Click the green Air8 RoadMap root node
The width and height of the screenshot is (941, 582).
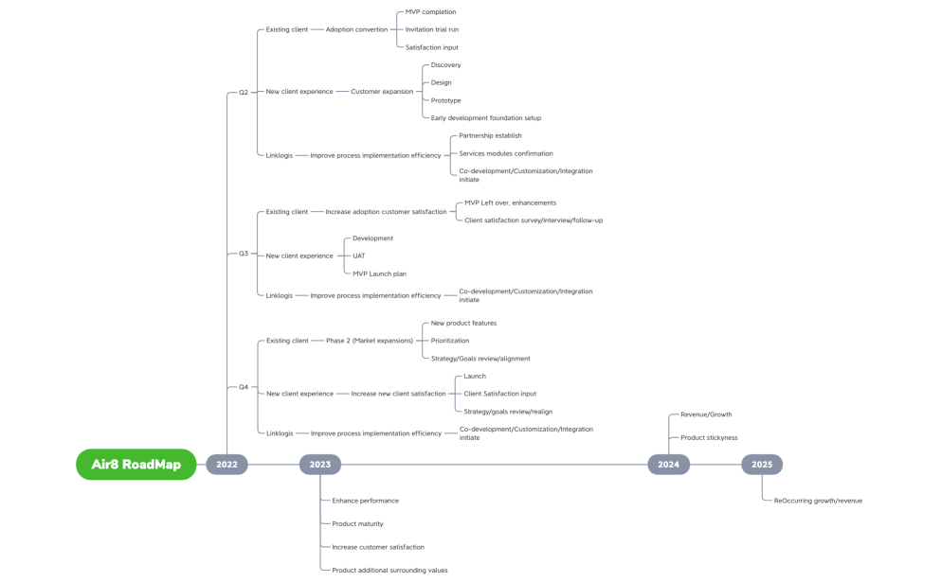coord(136,465)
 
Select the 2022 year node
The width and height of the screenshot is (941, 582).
coord(226,465)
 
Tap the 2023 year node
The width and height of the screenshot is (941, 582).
coord(320,465)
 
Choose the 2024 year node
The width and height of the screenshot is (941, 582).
coord(668,465)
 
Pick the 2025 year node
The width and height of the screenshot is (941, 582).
coord(762,465)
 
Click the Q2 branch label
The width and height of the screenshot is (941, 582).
coord(244,93)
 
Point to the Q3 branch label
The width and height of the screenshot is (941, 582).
coord(244,254)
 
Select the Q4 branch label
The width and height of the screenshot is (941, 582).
coord(244,387)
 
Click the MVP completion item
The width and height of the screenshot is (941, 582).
coord(430,12)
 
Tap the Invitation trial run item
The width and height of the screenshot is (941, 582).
coord(431,29)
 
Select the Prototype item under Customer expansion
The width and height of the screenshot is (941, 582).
coord(445,100)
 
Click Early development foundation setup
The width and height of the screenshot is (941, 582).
coord(485,118)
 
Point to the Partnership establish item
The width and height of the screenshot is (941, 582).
coord(490,135)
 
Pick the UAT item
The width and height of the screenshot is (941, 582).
coord(358,256)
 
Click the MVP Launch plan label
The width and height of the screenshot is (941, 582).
coord(379,273)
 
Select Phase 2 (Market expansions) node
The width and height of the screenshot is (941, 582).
coord(370,341)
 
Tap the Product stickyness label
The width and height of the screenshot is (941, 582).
coord(709,438)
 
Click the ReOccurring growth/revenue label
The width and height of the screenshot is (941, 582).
coord(818,501)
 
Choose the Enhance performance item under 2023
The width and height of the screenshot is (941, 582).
coord(365,501)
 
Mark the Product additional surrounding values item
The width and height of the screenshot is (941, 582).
coord(389,571)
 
